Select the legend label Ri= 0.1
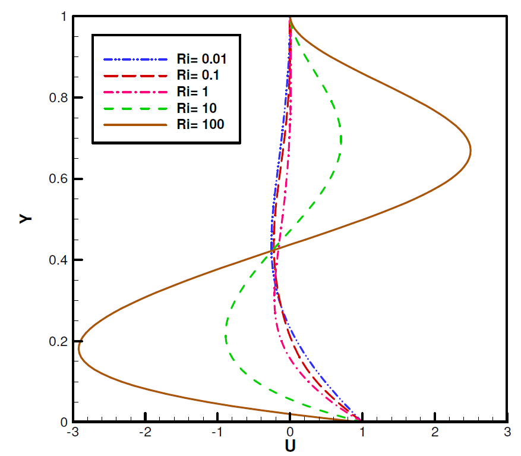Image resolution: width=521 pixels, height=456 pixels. point(197,75)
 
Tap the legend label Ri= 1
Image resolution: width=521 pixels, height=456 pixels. point(192,92)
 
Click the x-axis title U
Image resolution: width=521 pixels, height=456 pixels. point(290,445)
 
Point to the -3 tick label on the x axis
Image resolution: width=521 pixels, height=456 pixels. point(72,433)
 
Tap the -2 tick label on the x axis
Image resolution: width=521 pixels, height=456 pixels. point(145,433)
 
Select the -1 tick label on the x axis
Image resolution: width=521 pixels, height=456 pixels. point(217,433)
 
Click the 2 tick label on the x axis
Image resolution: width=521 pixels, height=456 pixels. point(435,433)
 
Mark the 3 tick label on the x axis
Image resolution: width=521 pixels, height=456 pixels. point(507,433)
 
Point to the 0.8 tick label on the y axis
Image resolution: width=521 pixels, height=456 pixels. point(56,98)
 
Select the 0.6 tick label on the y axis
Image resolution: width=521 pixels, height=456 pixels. point(56,179)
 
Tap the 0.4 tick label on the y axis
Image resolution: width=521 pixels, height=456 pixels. point(56,260)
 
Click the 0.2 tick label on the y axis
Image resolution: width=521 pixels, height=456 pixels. point(56,341)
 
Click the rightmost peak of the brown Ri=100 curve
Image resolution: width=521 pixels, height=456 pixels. point(471,150)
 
